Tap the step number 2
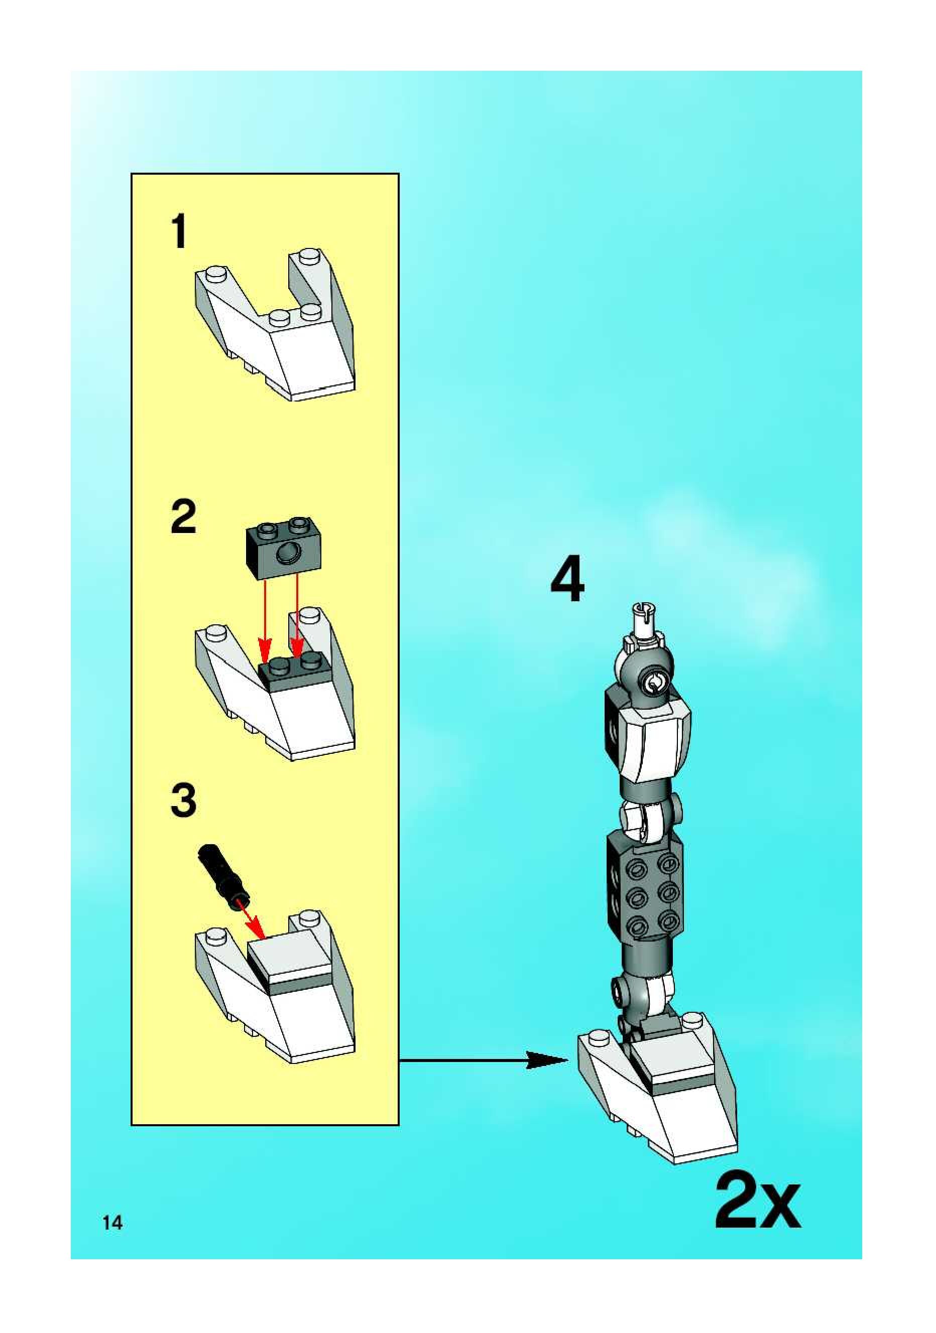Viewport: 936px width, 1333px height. pyautogui.click(x=184, y=517)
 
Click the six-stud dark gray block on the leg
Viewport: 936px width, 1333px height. pyautogui.click(x=645, y=891)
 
